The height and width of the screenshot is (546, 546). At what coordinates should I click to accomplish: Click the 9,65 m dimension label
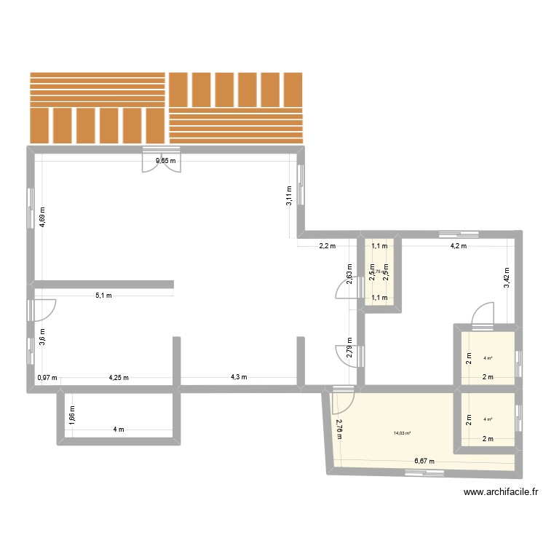[164, 161]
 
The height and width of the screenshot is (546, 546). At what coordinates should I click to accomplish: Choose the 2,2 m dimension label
[327, 246]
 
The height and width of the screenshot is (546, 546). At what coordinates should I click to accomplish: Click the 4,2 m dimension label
[458, 246]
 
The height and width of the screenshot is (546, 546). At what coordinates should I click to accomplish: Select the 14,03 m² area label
[402, 433]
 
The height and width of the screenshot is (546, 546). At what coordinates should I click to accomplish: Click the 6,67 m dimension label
[424, 461]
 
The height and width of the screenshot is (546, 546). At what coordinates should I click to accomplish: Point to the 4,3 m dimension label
[239, 377]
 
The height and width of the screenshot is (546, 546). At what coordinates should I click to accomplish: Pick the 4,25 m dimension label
[119, 378]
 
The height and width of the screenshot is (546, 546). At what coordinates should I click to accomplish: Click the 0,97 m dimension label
[47, 378]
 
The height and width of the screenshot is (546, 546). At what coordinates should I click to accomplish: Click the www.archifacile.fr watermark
[502, 493]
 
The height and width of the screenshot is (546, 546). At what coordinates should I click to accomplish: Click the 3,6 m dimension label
[43, 338]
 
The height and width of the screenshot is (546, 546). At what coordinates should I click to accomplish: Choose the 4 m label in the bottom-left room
[119, 429]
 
